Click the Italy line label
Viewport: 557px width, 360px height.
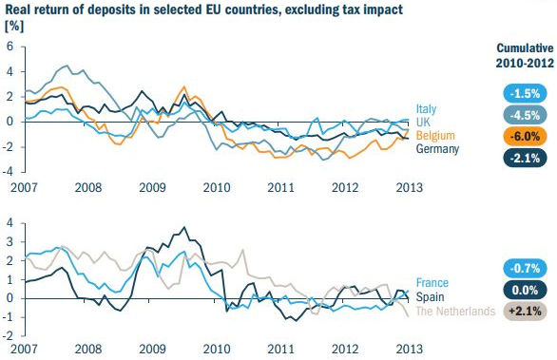click(x=426, y=109)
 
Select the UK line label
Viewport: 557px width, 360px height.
click(x=424, y=123)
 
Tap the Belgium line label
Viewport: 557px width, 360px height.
click(x=435, y=136)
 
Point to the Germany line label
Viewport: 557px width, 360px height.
click(x=438, y=149)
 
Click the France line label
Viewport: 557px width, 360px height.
click(x=432, y=283)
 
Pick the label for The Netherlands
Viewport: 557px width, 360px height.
click(x=452, y=312)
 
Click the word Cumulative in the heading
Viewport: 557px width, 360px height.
click(x=523, y=48)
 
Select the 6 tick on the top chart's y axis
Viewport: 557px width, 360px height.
click(x=10, y=46)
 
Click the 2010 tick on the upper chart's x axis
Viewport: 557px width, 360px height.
click(x=218, y=186)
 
